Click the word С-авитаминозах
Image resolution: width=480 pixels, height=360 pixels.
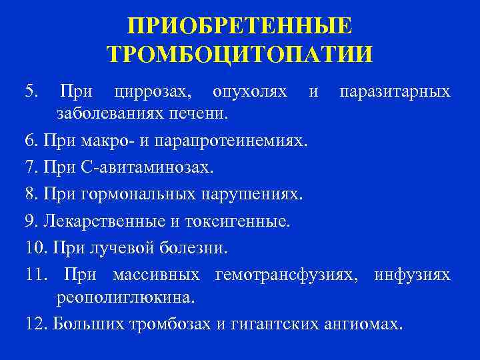point(146,167)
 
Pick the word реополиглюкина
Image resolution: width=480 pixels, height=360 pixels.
point(125,297)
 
